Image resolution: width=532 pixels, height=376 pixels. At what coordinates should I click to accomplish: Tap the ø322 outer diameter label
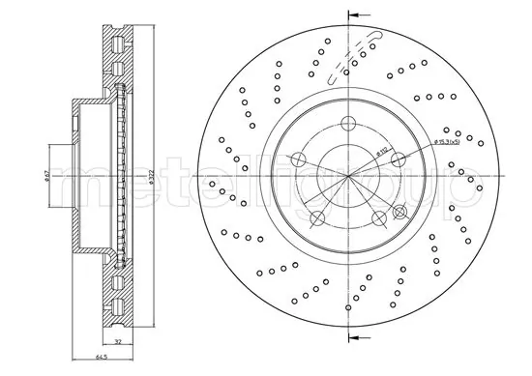pos(152,180)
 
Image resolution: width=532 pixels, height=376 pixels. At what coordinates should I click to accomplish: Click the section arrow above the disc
pos(355,15)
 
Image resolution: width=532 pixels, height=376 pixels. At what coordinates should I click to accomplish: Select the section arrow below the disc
pos(355,338)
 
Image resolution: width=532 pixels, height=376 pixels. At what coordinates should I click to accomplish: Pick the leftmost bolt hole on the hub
pos(298,160)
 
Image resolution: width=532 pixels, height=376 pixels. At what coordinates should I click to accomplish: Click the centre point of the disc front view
pos(346,177)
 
